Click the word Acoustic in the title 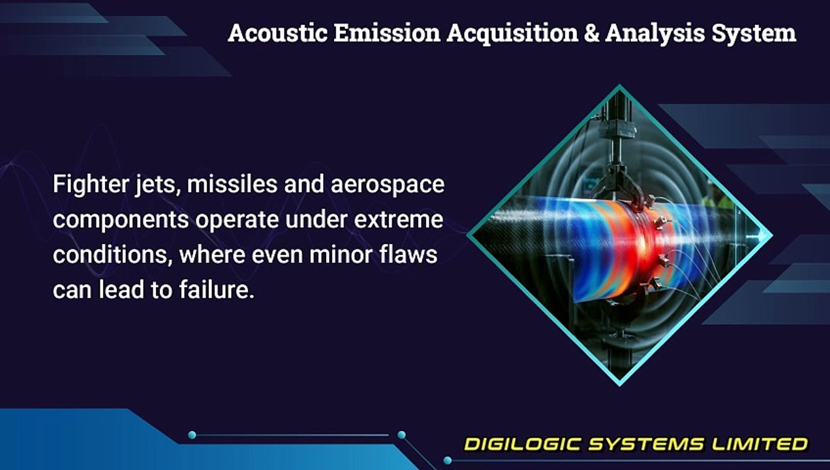(278, 33)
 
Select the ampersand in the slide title (592, 33)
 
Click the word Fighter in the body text (91, 185)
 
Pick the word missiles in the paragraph (232, 184)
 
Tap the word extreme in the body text (399, 219)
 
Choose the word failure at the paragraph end (217, 289)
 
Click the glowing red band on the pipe (641, 245)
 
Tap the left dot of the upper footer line (192, 435)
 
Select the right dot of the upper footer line (401, 435)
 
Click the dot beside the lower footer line (448, 460)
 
